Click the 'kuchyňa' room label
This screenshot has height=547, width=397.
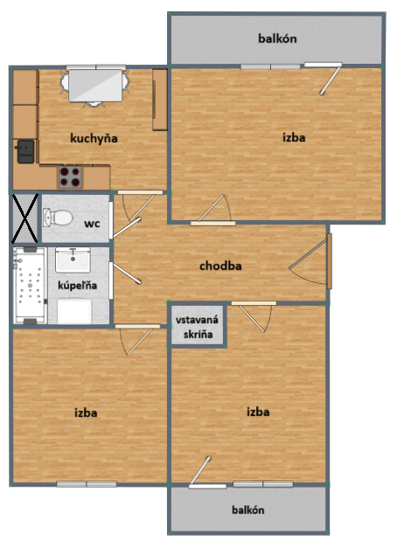tap(94, 137)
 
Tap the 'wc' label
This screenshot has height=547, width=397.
tap(91, 224)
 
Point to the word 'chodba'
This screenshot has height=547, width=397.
tap(220, 266)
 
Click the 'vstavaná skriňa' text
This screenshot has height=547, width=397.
tap(198, 326)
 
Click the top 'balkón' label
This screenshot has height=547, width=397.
tap(277, 38)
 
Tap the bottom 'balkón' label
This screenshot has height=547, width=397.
tap(248, 509)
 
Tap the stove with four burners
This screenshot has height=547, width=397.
tap(70, 177)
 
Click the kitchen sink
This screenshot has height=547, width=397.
tap(25, 151)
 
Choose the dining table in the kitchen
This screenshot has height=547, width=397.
tap(95, 85)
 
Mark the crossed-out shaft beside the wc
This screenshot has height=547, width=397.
tap(24, 218)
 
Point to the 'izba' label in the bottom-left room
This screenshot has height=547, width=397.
tap(86, 412)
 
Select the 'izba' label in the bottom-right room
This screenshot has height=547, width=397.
tap(258, 412)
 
